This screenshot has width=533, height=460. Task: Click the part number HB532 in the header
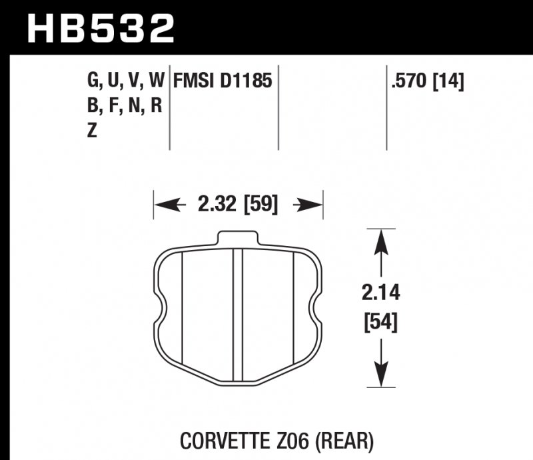[100, 28]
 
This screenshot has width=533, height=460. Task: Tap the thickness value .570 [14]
[427, 81]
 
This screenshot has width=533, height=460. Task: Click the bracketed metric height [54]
[380, 323]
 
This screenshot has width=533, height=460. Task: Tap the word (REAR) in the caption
[349, 441]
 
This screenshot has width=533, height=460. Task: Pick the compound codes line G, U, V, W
[125, 81]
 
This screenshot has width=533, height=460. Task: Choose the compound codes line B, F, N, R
[125, 106]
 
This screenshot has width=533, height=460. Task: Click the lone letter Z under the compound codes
[91, 131]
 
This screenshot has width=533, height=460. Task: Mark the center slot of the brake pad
[238, 313]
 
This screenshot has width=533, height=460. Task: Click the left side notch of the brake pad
[160, 311]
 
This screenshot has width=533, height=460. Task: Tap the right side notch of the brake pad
[316, 311]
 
